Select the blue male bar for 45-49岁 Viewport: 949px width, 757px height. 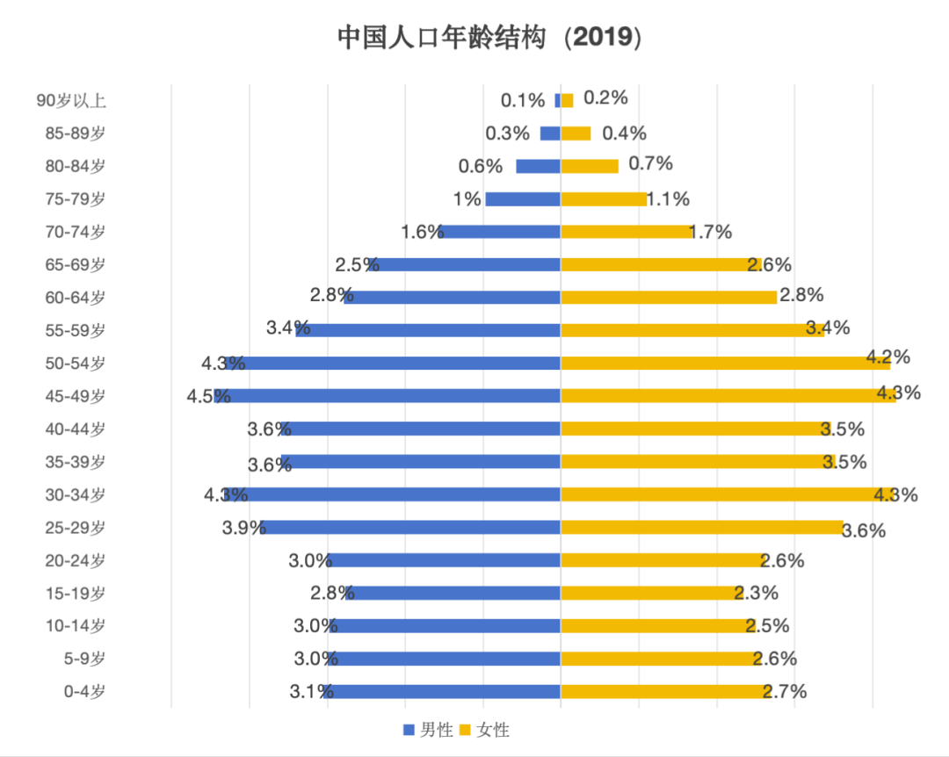[x=395, y=396]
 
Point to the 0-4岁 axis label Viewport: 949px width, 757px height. [x=84, y=691]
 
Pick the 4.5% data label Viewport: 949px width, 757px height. [x=208, y=396]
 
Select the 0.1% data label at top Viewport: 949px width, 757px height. [x=524, y=100]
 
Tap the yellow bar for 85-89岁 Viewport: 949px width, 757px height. [x=576, y=133]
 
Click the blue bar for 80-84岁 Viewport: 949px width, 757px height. [x=538, y=166]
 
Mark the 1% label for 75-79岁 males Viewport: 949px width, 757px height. [x=467, y=199]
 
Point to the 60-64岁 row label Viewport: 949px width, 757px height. [x=76, y=297]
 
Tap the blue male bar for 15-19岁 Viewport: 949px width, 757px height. [x=453, y=593]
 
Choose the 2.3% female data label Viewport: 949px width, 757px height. [x=757, y=593]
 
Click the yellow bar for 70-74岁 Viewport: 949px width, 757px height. [x=626, y=232]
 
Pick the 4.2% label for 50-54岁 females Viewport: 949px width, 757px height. [x=887, y=357]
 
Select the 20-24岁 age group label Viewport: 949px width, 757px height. [x=76, y=560]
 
